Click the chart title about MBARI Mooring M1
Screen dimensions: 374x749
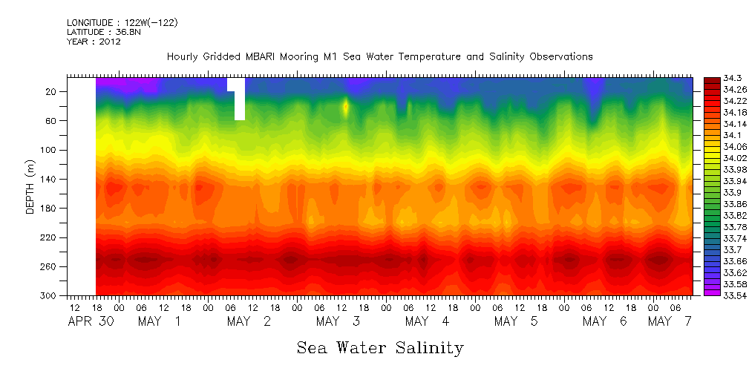point(379,56)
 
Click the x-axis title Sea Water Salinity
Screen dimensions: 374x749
point(380,347)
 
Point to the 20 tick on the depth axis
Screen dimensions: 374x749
point(51,91)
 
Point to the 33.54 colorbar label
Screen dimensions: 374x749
point(714,295)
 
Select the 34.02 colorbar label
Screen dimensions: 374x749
point(714,158)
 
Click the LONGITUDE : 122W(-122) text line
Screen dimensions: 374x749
point(122,23)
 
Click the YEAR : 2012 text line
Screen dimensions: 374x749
point(94,42)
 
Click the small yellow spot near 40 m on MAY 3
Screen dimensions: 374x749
point(346,107)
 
